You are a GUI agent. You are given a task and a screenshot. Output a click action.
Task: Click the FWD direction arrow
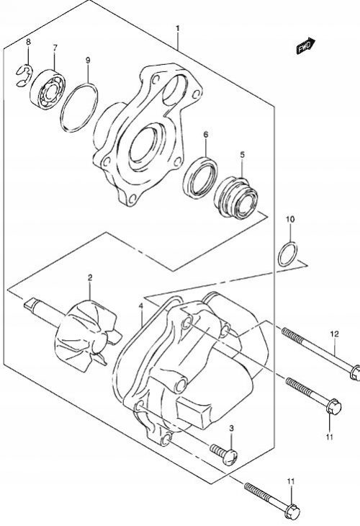tap(306, 45)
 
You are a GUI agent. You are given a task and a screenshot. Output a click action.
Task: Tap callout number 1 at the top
tap(178, 29)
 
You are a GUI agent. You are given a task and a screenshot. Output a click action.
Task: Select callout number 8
tap(28, 42)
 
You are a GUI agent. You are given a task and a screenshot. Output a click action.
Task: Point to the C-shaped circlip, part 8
tap(24, 76)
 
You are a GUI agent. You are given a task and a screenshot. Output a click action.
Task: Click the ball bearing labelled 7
tap(47, 89)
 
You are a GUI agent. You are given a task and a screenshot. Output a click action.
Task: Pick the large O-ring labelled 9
tap(79, 107)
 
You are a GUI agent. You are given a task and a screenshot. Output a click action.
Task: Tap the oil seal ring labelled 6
tap(200, 177)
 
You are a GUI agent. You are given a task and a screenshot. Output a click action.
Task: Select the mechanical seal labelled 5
tap(235, 198)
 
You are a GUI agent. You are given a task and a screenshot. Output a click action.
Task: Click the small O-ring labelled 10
tap(287, 254)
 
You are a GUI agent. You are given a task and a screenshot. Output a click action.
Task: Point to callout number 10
tap(290, 219)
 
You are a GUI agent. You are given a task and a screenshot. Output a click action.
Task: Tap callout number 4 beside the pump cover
tap(141, 306)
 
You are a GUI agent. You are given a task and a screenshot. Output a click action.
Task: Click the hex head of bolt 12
tap(355, 373)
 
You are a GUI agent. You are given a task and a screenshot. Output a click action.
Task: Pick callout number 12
tap(334, 334)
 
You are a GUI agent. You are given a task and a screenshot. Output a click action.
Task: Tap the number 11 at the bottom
tap(291, 482)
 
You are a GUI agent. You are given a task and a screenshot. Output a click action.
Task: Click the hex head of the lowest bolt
tap(292, 511)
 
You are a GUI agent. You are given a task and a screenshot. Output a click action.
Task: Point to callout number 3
tap(231, 428)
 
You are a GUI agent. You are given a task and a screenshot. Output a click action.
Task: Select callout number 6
tap(205, 135)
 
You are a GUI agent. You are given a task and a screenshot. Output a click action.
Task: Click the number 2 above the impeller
tap(90, 277)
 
